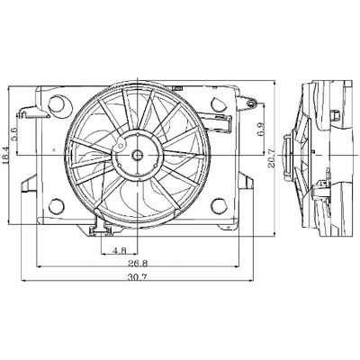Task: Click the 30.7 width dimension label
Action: pyautogui.click(x=137, y=277)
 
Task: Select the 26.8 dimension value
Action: pyautogui.click(x=138, y=264)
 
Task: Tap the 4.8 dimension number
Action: pyautogui.click(x=119, y=250)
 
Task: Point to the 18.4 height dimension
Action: pyautogui.click(x=5, y=155)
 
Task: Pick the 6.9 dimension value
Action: pyautogui.click(x=261, y=130)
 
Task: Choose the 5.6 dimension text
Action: pyautogui.click(x=13, y=133)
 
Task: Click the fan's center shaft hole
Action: pyautogui.click(x=138, y=155)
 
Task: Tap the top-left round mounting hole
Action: pyautogui.click(x=57, y=103)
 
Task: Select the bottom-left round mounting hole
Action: pyautogui.click(x=57, y=205)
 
